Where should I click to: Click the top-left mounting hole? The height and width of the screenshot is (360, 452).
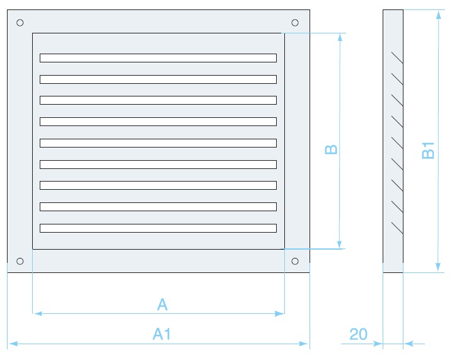coord(20,23)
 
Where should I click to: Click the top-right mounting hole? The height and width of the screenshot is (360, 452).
coord(295,23)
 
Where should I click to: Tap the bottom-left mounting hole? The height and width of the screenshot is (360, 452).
coord(20,260)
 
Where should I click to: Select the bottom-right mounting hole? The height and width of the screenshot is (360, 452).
coord(295,260)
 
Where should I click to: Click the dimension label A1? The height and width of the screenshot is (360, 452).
coord(162,334)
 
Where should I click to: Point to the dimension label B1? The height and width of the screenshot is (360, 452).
coord(429,151)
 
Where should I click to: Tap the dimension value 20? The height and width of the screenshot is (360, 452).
coord(358,334)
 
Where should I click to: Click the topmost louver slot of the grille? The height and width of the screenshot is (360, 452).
coord(158,58)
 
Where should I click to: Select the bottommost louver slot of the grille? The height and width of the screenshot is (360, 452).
coord(158,228)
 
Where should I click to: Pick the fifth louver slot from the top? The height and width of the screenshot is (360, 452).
coord(158,143)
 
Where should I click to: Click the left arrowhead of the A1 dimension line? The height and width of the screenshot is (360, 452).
coord(12,344)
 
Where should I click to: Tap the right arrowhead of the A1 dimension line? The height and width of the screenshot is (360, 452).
coord(304,344)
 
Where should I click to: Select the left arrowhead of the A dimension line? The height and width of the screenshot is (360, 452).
coord(37,313)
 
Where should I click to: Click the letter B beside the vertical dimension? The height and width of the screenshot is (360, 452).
coord(332,149)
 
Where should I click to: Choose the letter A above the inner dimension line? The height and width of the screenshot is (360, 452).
coord(162,305)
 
